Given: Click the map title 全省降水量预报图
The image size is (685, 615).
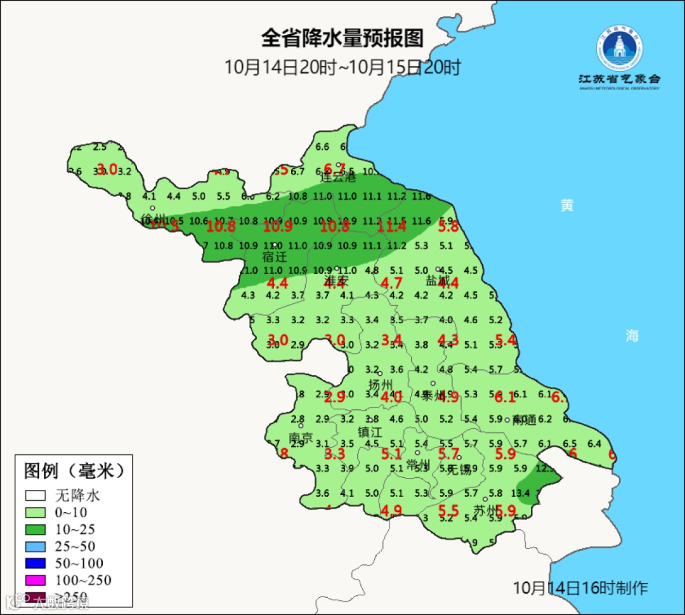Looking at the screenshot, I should (342, 38).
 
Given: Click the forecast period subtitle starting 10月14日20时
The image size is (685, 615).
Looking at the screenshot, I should (342, 67).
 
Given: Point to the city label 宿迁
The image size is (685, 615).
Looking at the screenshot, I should (275, 257).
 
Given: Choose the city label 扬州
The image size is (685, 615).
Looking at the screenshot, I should (381, 385).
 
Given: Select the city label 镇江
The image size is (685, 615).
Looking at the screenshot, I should (370, 432).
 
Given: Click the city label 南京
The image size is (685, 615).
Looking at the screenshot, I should (301, 439).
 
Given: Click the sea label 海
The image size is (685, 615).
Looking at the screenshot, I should (632, 336).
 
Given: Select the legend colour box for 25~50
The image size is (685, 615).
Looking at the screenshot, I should (35, 546).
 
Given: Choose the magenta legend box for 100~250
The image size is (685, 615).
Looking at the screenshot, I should (35, 579).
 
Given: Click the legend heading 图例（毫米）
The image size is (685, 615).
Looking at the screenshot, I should (73, 471).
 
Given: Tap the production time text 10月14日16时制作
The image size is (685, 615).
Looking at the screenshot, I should (580, 587).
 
